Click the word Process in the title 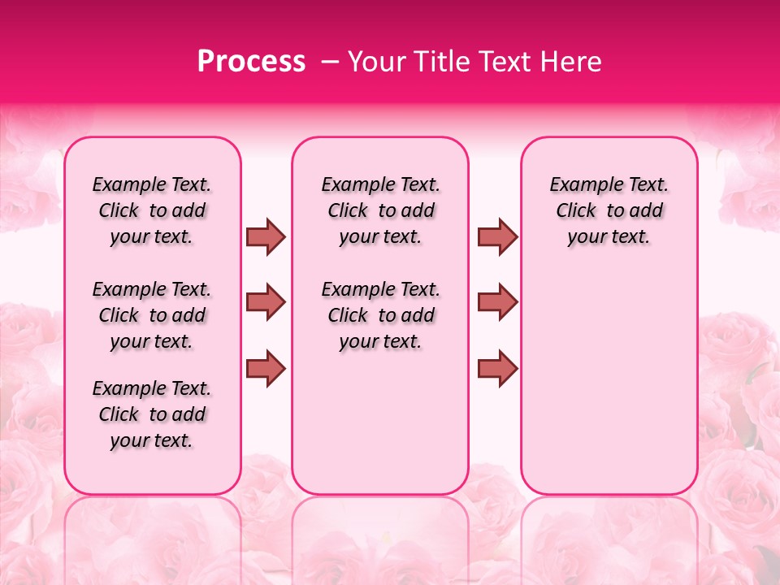(251, 61)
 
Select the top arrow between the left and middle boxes (266, 236)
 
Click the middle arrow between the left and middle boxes (266, 302)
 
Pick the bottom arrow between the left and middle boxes (266, 368)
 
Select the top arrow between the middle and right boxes (497, 236)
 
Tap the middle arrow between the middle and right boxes (497, 302)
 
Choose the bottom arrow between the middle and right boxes (497, 368)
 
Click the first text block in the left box (152, 210)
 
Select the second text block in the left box (152, 315)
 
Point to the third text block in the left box (152, 414)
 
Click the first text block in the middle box (380, 210)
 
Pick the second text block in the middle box (380, 315)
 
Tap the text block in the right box (609, 210)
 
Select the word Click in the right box (576, 211)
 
